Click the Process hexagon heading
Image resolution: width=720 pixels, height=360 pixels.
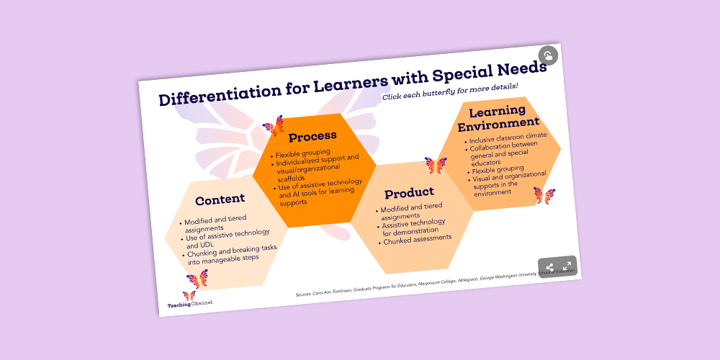coord(312,136)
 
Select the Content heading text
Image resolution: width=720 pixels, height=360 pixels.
coord(220,199)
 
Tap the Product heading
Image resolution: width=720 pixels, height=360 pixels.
coord(409,192)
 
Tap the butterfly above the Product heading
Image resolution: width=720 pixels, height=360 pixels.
coord(436,165)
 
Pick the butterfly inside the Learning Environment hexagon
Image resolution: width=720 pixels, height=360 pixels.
coord(544,195)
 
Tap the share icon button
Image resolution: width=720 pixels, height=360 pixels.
coord(550,268)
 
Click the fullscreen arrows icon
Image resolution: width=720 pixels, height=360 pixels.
coord(567,266)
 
